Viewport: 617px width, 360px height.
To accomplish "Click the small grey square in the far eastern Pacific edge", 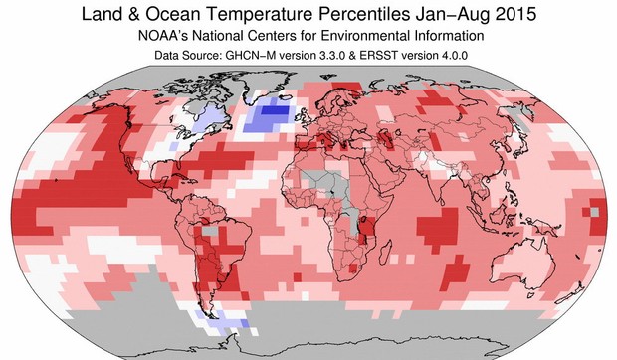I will coord(595,211).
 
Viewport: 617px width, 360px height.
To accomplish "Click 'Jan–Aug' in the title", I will coord(446,16).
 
